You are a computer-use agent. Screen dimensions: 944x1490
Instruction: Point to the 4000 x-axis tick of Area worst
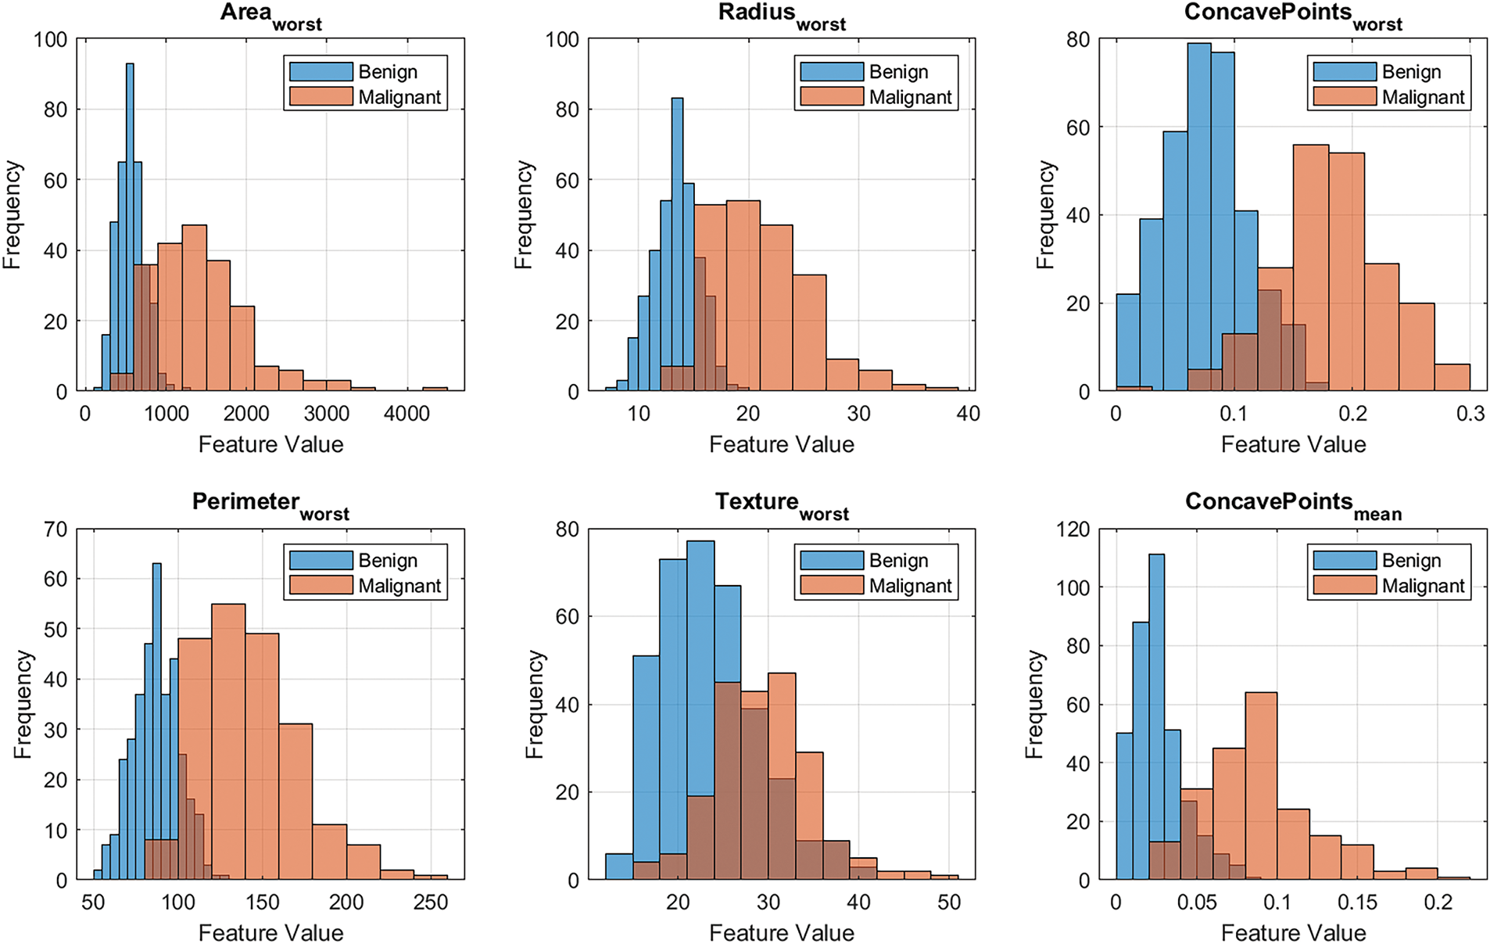tap(407, 414)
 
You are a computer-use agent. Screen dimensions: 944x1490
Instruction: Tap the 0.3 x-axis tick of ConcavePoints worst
tap(1470, 414)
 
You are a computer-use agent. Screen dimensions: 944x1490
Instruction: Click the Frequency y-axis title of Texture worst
tap(535, 705)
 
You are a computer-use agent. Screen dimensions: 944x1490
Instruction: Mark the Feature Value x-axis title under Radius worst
tap(782, 445)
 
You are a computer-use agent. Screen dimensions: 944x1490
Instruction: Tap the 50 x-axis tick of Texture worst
tap(949, 903)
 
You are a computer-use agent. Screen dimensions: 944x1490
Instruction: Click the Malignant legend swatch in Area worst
tap(321, 97)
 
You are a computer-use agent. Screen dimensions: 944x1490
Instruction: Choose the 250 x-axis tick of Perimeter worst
tap(431, 903)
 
